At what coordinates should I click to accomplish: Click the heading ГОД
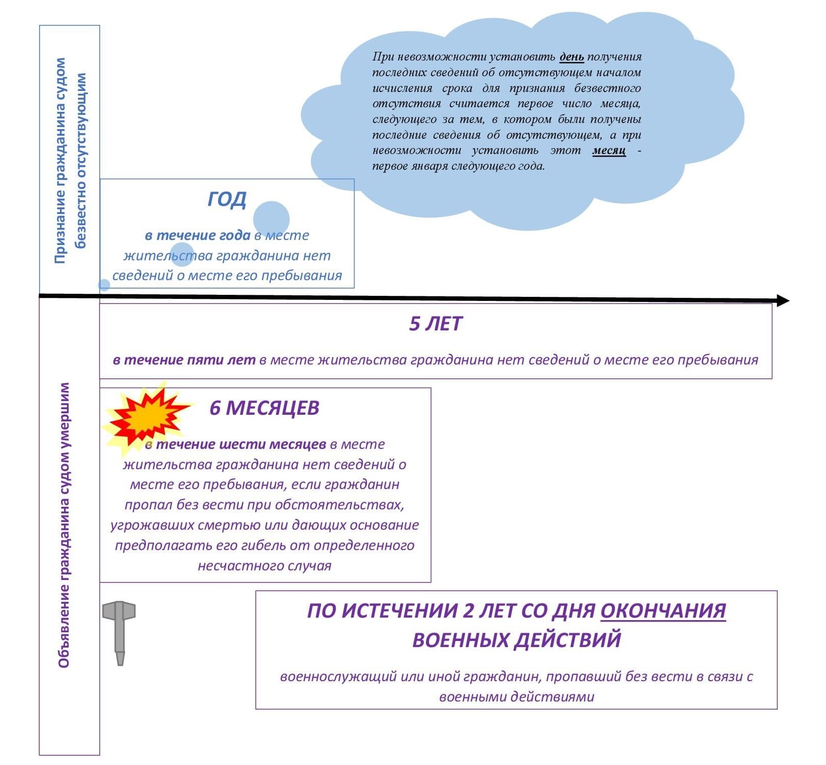(227, 199)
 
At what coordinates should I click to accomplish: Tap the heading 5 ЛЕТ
(436, 324)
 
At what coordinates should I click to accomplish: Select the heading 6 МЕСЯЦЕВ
(264, 408)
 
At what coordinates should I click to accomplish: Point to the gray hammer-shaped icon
(119, 630)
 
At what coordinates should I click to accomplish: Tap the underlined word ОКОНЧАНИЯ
(663, 610)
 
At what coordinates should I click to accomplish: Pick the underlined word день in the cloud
(571, 56)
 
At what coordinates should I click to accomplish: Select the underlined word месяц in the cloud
(608, 150)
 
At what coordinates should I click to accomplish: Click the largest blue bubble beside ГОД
(271, 219)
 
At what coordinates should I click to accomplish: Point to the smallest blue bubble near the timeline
(104, 285)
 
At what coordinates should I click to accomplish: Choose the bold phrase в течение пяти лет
(184, 360)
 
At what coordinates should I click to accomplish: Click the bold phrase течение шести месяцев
(240, 444)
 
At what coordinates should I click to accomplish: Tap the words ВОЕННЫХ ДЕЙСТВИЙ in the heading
(516, 639)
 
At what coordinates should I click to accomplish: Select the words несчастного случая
(264, 566)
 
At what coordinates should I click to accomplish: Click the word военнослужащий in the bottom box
(338, 677)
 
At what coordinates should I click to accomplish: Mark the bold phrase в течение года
(198, 235)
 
